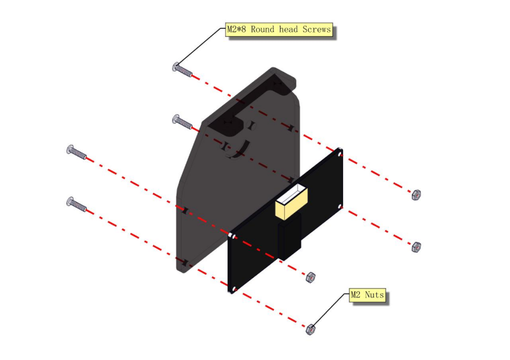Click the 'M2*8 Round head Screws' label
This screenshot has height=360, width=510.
pos(279,29)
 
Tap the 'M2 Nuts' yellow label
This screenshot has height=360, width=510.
pos(367,295)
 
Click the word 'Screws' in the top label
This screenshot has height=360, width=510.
pos(316,29)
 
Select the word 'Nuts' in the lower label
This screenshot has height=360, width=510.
pos(374,295)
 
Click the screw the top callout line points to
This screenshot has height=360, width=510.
pos(182,69)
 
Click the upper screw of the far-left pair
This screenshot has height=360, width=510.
pos(76,152)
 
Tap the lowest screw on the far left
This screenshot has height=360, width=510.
pos(76,205)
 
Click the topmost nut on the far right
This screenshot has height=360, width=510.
pos(416,195)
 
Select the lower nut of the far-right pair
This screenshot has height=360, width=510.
pos(416,247)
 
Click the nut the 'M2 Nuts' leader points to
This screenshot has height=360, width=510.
pos(310,329)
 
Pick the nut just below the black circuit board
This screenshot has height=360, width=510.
pos(310,277)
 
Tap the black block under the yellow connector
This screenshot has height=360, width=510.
pos(289,237)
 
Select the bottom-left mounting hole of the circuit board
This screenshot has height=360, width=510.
pos(234,289)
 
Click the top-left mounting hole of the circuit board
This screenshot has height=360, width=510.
pos(232,236)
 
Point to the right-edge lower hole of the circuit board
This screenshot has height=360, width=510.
pos(340,206)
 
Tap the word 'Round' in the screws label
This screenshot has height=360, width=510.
pos(263,29)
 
